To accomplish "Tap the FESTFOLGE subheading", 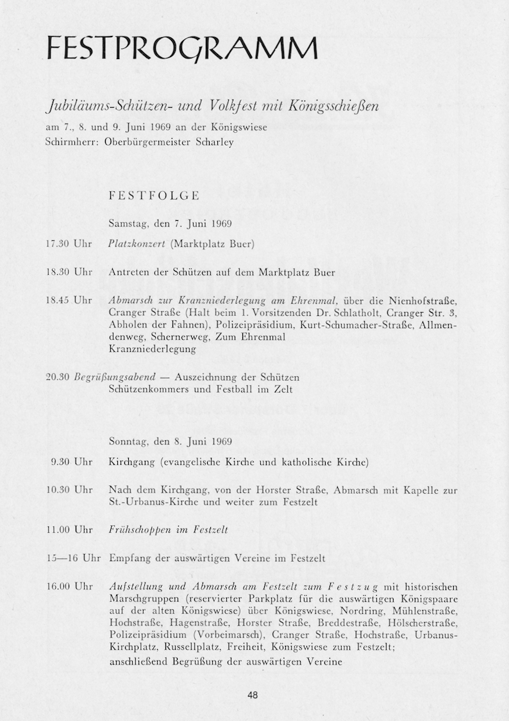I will (x=154, y=196).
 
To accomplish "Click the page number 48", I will (x=253, y=695).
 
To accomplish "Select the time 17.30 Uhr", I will (x=69, y=245).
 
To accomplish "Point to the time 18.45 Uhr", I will (x=69, y=300).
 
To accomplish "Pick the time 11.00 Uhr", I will (x=69, y=530).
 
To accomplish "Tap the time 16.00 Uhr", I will (x=69, y=587).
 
